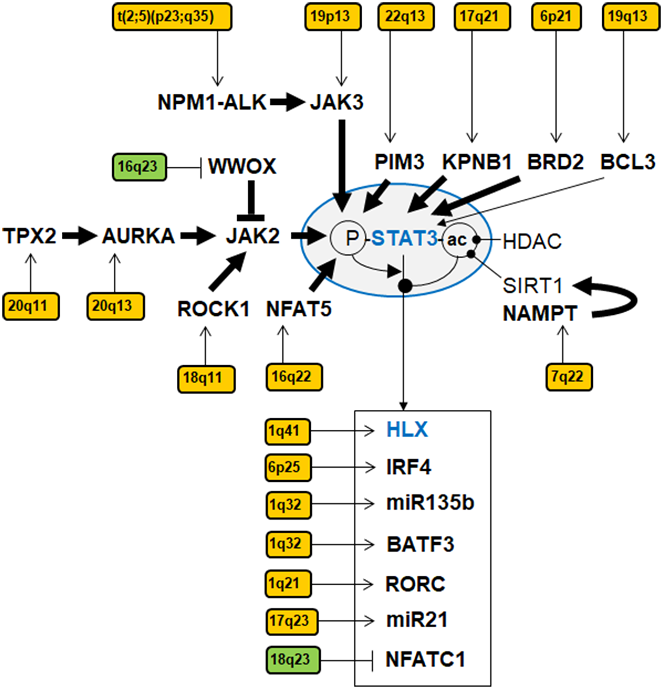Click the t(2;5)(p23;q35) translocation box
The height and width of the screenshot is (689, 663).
[172, 17]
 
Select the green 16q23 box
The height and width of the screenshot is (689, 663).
[139, 167]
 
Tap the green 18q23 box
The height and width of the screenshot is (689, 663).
[293, 660]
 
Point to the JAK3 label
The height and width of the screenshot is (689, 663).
[336, 103]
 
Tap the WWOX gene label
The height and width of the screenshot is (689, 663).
[242, 166]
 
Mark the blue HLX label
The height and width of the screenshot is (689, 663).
[407, 430]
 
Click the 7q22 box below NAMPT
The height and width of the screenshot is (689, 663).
[569, 377]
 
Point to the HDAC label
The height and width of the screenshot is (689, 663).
[532, 242]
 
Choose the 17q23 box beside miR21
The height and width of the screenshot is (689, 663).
[292, 621]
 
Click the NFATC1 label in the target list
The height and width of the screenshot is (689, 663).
[426, 660]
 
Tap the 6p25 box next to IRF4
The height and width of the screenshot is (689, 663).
[288, 467]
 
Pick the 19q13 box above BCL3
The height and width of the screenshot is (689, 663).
[631, 17]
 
